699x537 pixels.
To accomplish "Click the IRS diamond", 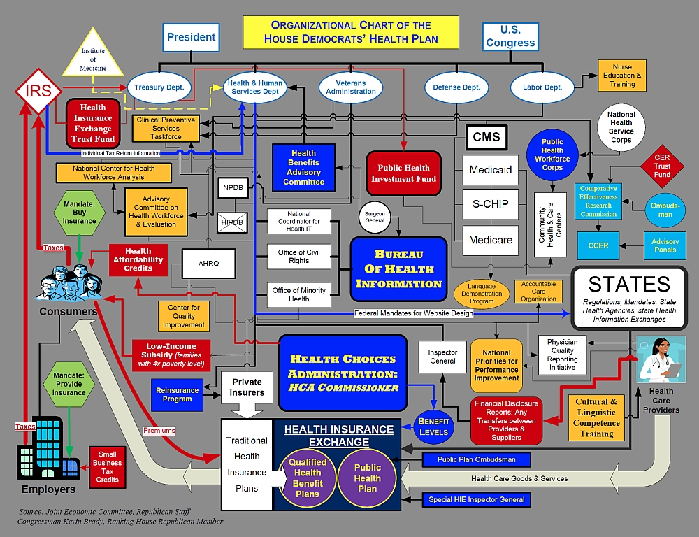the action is (x=38, y=91).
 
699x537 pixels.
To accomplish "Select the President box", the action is (x=191, y=37).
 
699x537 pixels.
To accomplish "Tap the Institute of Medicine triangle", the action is (x=93, y=54).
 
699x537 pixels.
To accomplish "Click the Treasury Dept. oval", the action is (x=159, y=87).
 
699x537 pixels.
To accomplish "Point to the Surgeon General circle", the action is (x=375, y=217).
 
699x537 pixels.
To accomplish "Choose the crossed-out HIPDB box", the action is (x=232, y=222).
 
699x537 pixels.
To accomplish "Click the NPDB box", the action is (x=233, y=188).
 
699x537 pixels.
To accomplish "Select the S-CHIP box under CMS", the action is (x=491, y=204).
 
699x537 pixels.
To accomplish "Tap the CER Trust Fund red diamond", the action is (x=662, y=166).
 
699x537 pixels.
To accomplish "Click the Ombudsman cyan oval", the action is (x=665, y=210).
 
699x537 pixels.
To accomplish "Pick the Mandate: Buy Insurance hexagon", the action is (x=80, y=213).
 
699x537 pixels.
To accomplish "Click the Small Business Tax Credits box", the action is (x=107, y=467).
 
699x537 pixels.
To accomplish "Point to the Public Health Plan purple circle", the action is (x=368, y=478).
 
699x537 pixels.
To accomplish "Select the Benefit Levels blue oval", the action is (x=433, y=427).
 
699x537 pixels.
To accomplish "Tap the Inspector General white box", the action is (x=442, y=357).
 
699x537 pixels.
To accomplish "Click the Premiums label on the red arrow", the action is (x=159, y=431).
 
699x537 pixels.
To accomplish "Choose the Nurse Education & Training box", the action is (x=622, y=76).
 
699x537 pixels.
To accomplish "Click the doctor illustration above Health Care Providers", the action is (x=661, y=359).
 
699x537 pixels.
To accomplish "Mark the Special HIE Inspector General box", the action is (x=477, y=499).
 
